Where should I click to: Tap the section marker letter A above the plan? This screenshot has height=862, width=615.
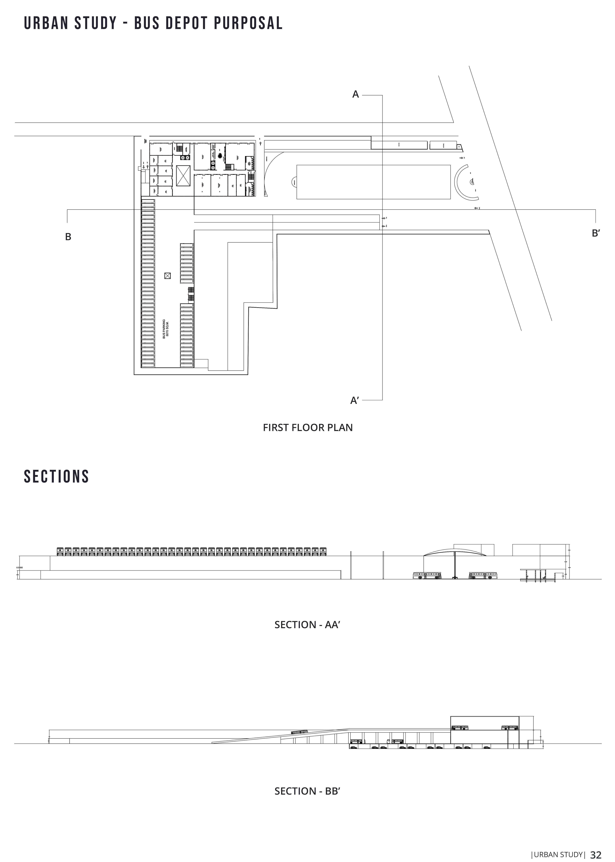click(355, 94)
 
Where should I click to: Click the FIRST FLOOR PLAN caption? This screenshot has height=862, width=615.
click(308, 428)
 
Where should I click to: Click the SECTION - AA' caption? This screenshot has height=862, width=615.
click(307, 625)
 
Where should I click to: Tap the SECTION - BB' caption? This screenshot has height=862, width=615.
click(307, 791)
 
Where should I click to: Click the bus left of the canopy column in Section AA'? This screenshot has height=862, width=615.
click(427, 575)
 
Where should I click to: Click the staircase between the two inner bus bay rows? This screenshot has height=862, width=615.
click(191, 294)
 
